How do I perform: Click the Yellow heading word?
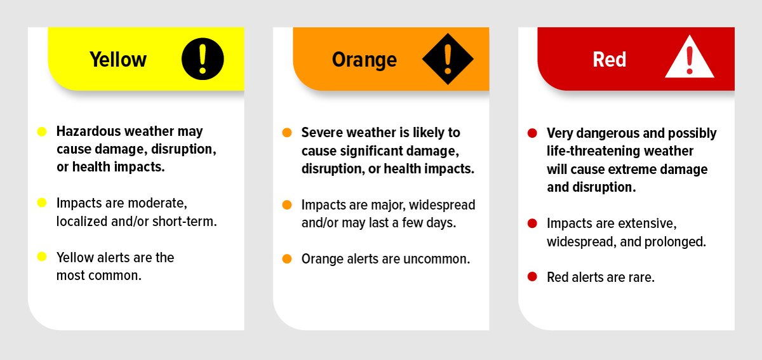tap(117, 60)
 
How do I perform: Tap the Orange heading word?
tap(364, 60)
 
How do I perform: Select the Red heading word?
tap(609, 60)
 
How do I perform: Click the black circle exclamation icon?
tap(203, 59)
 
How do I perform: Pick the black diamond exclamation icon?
tap(448, 59)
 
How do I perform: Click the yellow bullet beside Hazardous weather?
tap(42, 131)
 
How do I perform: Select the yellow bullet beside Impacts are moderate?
tap(42, 203)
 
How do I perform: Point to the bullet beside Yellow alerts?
tap(42, 257)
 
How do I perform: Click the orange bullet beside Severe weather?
tap(287, 133)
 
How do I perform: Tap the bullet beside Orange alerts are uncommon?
tap(287, 258)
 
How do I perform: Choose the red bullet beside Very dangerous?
tap(532, 133)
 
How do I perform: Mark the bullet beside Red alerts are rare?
tap(532, 277)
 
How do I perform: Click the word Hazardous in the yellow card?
tap(86, 131)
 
